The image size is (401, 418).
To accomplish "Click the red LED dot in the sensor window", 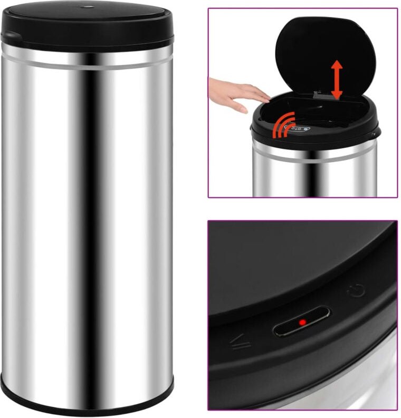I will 302,322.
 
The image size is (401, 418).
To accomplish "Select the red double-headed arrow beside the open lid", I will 337,80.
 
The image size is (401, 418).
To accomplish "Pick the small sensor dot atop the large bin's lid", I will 87,7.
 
